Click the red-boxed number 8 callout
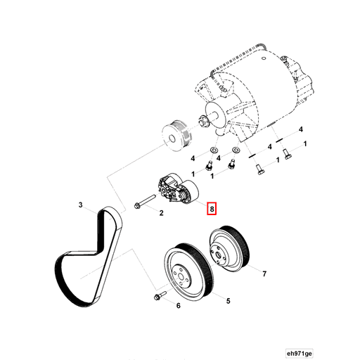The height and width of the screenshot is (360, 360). click(212, 208)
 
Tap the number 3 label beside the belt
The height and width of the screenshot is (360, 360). click(81, 205)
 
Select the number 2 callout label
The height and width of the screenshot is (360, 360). click(161, 212)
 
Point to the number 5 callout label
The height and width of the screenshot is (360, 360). click(228, 300)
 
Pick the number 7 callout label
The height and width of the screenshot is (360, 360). click(264, 273)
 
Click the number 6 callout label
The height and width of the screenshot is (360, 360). click(178, 306)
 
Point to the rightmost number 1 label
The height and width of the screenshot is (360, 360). click(305, 143)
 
